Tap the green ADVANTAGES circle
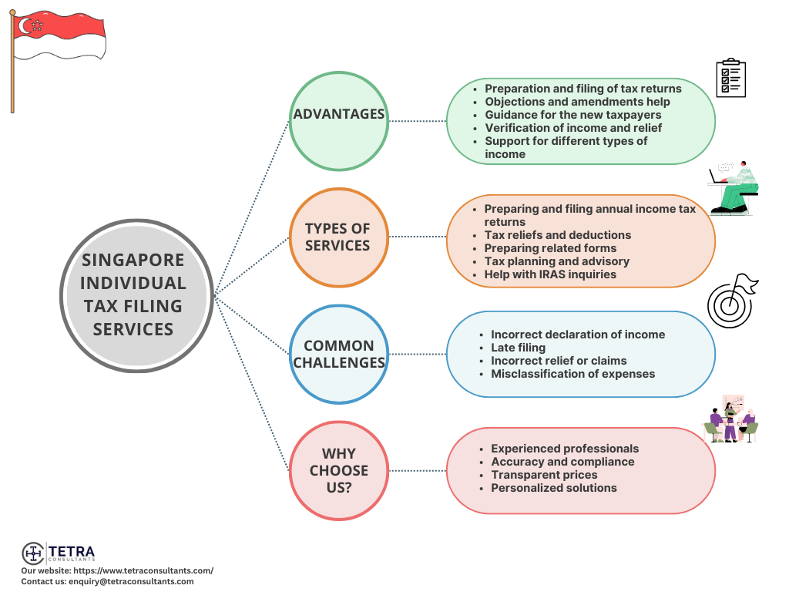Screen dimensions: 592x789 [339, 121]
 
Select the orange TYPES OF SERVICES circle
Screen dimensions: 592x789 [339, 237]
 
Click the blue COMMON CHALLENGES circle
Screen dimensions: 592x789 [339, 354]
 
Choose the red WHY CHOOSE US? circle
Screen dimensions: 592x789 [339, 470]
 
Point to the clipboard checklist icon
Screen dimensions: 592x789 [730, 78]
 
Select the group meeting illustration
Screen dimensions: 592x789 [730, 419]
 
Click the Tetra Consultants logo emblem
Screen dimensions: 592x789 [33, 553]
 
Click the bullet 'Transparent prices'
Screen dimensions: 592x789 [544, 475]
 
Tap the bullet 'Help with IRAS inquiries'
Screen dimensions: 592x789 [550, 274]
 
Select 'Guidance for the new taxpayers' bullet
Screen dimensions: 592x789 [572, 115]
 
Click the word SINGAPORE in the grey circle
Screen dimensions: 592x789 [133, 260]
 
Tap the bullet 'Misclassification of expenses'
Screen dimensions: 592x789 [572, 374]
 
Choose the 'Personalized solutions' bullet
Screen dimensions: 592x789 [553, 488]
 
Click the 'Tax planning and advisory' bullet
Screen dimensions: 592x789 [556, 261]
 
